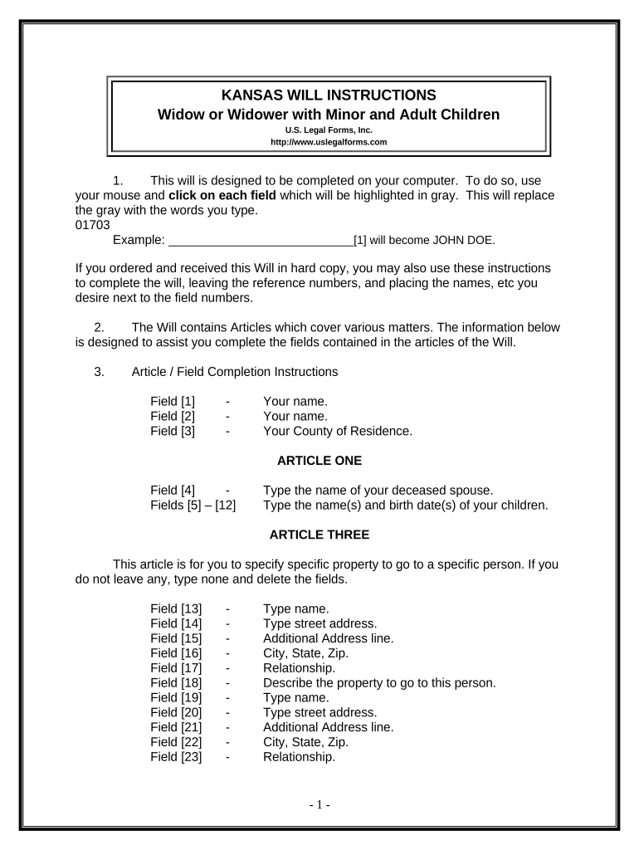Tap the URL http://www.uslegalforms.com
pos(329,142)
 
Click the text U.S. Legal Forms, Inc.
pos(329,129)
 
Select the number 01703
pos(92,225)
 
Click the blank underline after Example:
pos(261,241)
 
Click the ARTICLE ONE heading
pos(319,460)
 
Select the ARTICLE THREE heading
pos(319,535)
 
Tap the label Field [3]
pos(173,431)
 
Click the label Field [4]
pos(173,490)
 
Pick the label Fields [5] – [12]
pos(193,505)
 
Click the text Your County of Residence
pos(337,431)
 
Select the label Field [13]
pos(176,609)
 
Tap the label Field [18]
pos(176,683)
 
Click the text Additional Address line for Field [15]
pos(328,638)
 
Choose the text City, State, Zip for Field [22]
pos(305,742)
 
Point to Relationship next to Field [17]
pos(299,668)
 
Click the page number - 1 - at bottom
pos(319,805)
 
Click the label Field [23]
pos(176,757)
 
